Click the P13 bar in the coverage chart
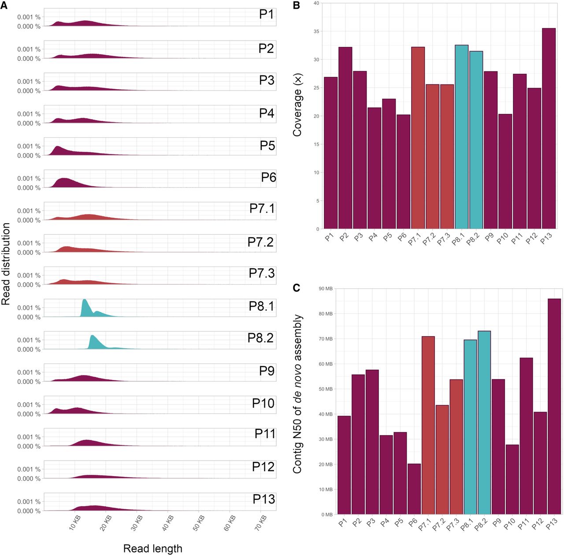[x=548, y=128]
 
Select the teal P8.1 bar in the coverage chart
[x=461, y=137]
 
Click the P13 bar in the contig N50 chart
[x=554, y=406]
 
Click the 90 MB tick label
[x=326, y=289]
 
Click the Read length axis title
[x=152, y=548]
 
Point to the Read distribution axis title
[x=6, y=264]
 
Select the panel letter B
[x=297, y=6]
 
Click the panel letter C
[x=297, y=288]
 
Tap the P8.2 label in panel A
[x=260, y=338]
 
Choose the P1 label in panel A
[x=266, y=14]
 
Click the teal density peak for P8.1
[x=85, y=302]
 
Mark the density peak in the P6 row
[x=64, y=180]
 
